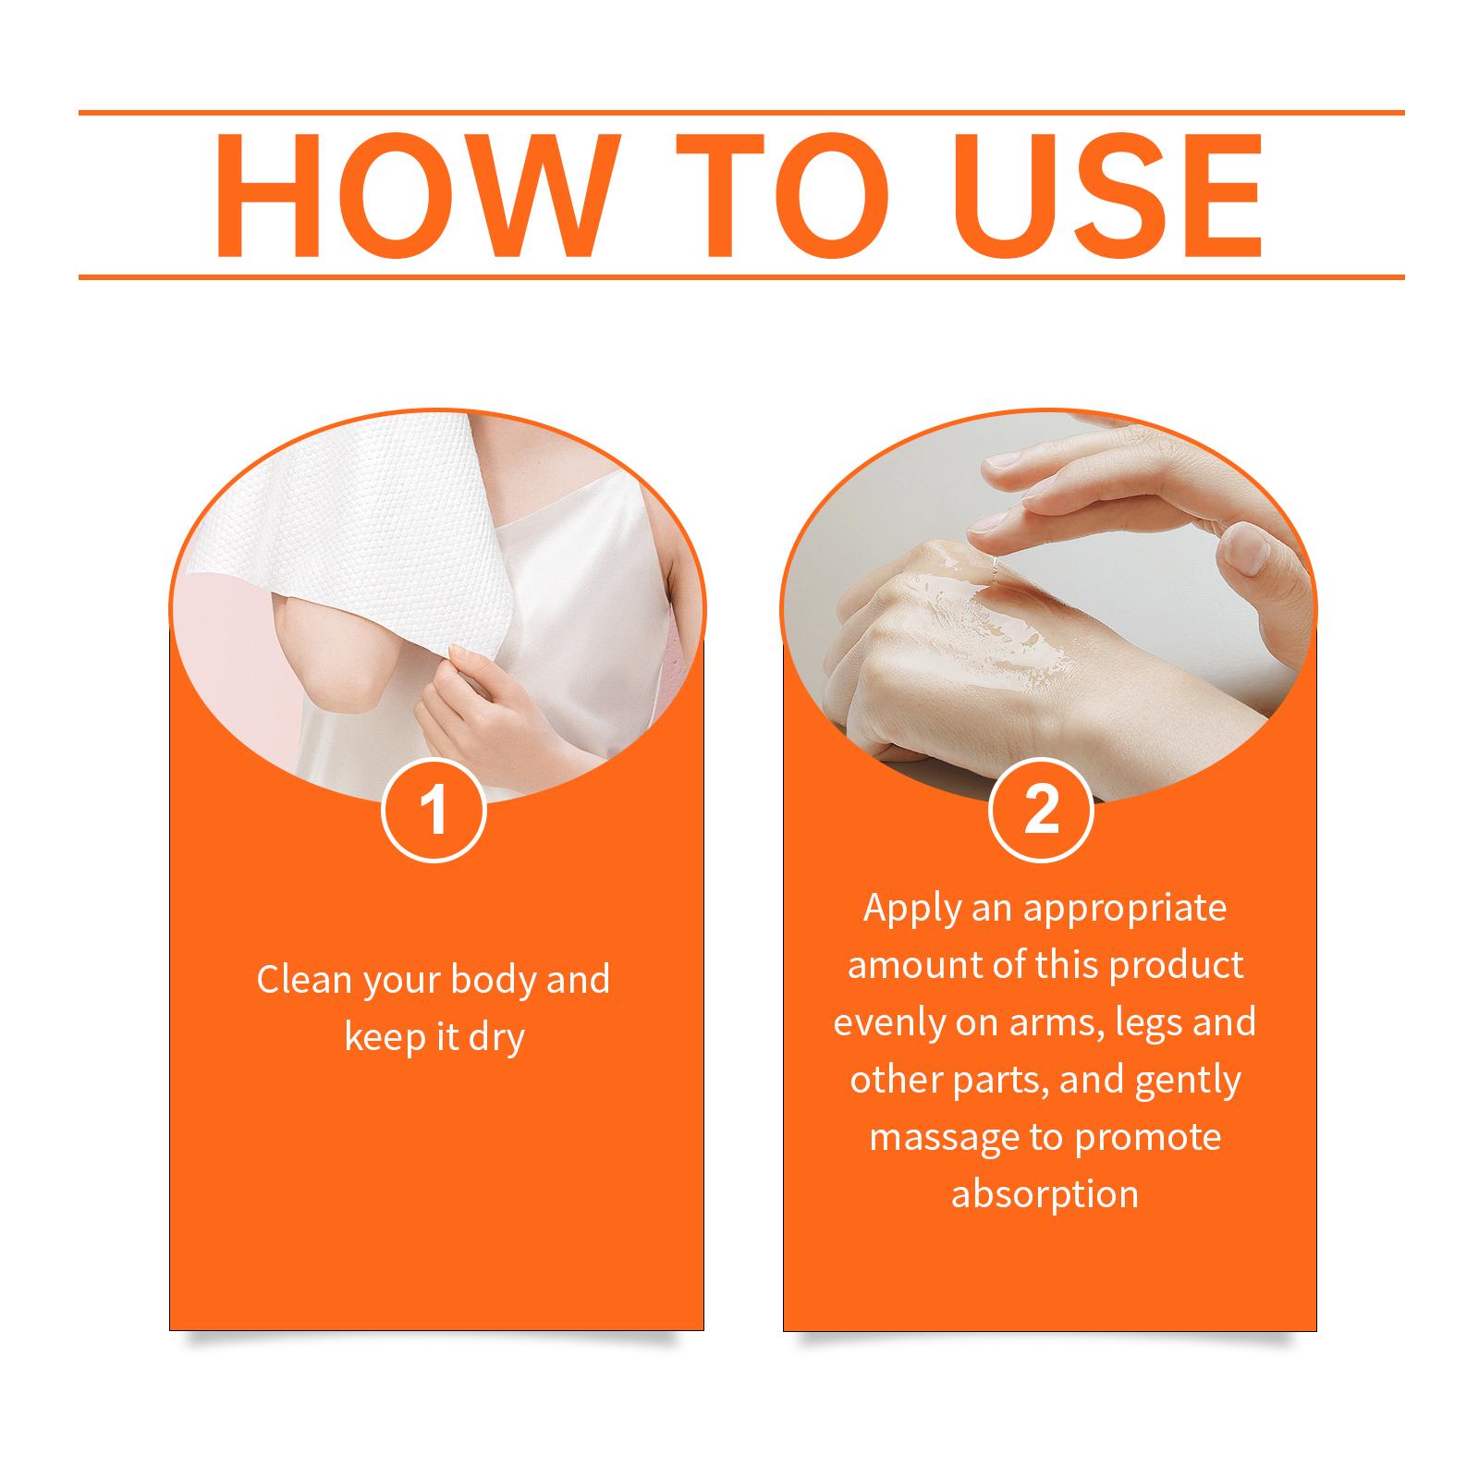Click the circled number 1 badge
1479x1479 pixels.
pos(434,809)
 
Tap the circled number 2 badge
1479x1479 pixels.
pos(1042,809)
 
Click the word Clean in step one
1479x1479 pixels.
pos(303,979)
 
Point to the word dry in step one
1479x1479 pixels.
pos(495,1037)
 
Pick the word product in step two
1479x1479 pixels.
pos(1176,966)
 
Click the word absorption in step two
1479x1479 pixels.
pos(1045,1195)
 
